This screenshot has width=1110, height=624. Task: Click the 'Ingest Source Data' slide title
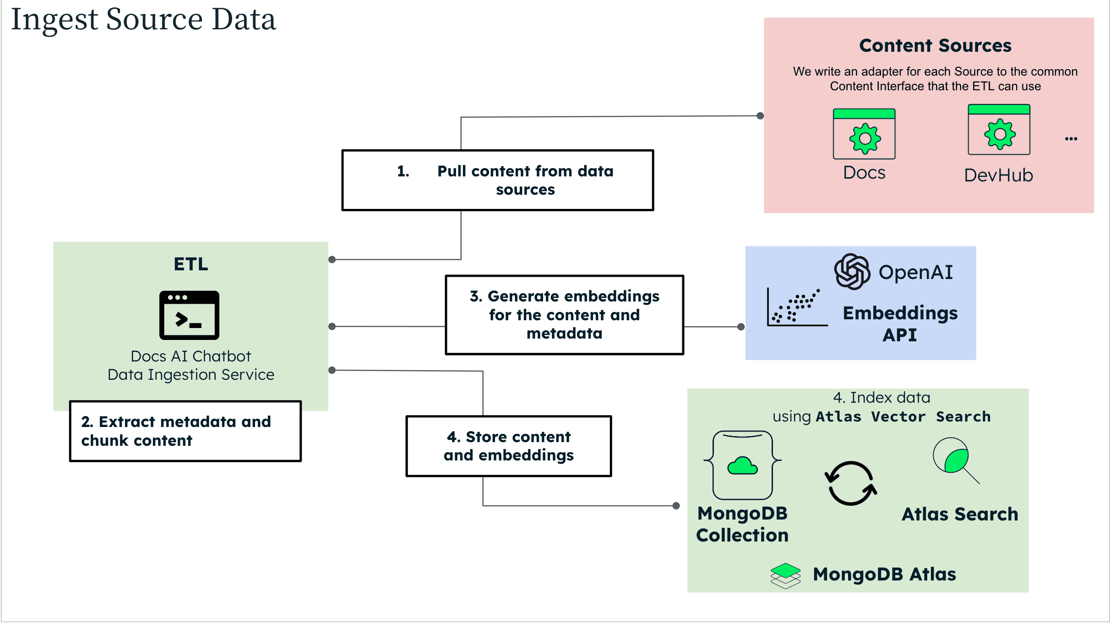point(143,20)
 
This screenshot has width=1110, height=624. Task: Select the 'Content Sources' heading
point(935,45)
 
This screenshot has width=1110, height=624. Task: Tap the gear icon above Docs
point(865,138)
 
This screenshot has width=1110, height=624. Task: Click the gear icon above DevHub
point(999,134)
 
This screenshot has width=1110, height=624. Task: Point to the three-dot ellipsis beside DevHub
point(1071,138)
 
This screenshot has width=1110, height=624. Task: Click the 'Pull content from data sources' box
point(497,180)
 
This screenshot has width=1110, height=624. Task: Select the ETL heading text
point(191,264)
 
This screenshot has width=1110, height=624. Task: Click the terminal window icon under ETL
point(189,315)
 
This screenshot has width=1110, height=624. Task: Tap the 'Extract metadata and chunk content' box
point(185,431)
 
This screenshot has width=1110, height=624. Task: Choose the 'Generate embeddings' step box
point(564,315)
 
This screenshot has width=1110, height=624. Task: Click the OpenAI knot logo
point(852,272)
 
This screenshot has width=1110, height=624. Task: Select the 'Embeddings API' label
point(900,323)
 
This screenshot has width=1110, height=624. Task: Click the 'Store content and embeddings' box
point(508,446)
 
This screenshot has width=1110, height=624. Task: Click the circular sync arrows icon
point(851,483)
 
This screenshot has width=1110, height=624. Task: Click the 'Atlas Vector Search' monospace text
point(903,416)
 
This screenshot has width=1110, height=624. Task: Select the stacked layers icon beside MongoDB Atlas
point(785,575)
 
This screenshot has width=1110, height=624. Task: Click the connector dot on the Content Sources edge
point(760,116)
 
